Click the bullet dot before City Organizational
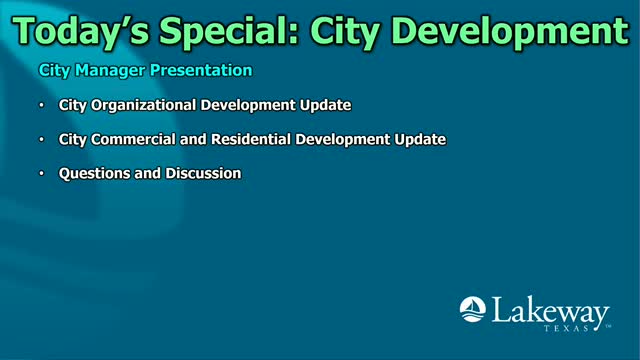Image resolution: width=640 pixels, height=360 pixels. pyautogui.click(x=42, y=105)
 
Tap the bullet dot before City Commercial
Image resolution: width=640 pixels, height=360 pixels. pyautogui.click(x=42, y=139)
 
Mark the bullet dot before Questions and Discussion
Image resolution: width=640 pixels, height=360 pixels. pyautogui.click(x=42, y=173)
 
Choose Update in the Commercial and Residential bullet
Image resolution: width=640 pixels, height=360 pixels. pyautogui.click(x=421, y=139)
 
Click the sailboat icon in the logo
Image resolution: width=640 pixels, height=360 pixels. pyautogui.click(x=473, y=309)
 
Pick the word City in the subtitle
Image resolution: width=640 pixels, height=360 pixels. pyautogui.click(x=53, y=71)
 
